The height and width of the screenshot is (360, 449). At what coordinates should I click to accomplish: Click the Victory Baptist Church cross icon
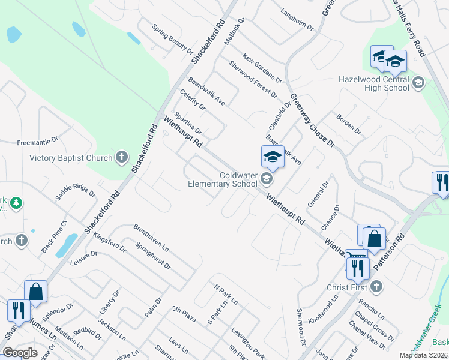122,158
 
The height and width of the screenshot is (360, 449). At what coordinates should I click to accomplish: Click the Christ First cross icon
376,287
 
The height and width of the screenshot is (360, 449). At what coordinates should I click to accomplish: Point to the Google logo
20,352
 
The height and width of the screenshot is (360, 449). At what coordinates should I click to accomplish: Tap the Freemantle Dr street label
37,140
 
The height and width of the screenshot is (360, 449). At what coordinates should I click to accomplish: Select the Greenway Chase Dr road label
312,120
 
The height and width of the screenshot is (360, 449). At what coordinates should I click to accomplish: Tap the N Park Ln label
226,293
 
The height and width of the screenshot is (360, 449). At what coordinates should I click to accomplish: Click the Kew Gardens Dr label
262,68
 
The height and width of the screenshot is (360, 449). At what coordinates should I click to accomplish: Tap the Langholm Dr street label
297,19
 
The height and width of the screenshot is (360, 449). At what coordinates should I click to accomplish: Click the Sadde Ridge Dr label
75,191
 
